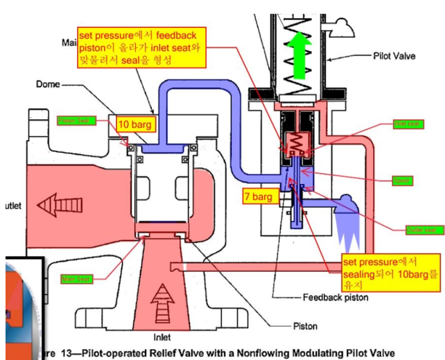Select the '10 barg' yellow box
134,124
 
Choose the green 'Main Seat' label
77,279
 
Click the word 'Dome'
48,85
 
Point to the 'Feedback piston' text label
335,297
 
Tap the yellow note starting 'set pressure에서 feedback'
137,47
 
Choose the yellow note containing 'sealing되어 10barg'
390,273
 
